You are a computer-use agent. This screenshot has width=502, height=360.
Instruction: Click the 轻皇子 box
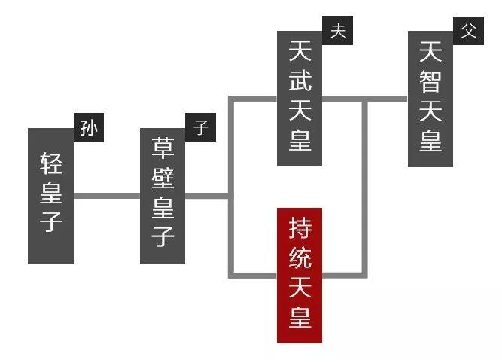(50, 196)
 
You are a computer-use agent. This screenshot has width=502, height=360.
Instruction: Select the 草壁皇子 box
(163, 196)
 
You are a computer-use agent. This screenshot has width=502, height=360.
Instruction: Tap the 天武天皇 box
(300, 98)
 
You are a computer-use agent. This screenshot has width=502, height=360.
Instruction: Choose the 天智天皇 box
(431, 98)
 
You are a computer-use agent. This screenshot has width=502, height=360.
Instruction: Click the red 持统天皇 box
(300, 275)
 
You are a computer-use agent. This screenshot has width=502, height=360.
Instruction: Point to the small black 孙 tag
(89, 128)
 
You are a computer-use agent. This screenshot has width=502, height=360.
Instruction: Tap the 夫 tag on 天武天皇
(338, 31)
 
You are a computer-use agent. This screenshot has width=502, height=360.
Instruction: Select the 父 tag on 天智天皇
(469, 31)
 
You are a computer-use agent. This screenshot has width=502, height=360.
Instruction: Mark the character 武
(300, 81)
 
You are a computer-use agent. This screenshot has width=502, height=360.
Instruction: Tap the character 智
(431, 81)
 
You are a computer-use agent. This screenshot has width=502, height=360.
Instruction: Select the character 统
(300, 258)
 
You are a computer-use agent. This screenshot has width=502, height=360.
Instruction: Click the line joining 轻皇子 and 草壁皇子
(107, 196)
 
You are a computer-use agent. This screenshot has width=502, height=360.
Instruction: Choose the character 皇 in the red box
(300, 317)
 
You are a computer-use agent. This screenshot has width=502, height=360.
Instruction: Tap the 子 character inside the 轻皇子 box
(51, 223)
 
